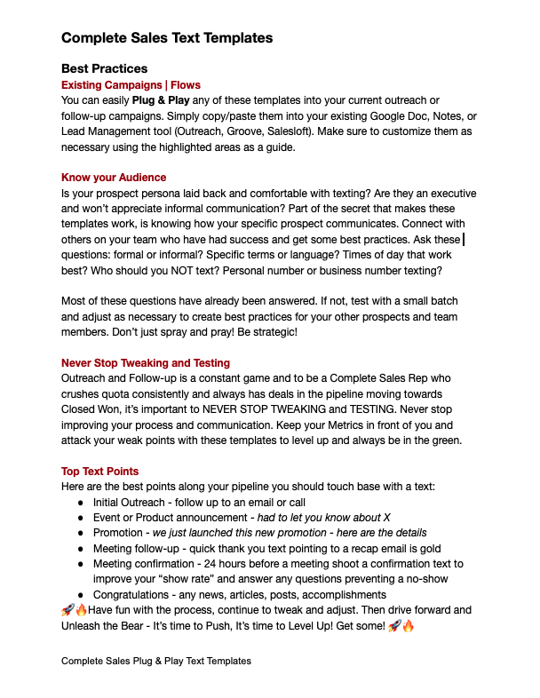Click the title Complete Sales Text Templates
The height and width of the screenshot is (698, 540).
pyautogui.click(x=167, y=38)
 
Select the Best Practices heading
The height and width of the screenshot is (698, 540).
pyautogui.click(x=104, y=68)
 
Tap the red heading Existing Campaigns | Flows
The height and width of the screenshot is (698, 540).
pyautogui.click(x=131, y=85)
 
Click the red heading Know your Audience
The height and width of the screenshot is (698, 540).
pyautogui.click(x=114, y=177)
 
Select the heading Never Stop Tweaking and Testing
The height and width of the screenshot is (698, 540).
pyautogui.click(x=146, y=362)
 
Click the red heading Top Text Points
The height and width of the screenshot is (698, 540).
pyautogui.click(x=99, y=471)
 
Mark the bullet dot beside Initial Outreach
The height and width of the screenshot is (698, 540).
pyautogui.click(x=82, y=503)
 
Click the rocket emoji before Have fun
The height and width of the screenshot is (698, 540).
pyautogui.click(x=67, y=610)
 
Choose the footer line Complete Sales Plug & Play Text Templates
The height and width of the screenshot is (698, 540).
pyautogui.click(x=156, y=661)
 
